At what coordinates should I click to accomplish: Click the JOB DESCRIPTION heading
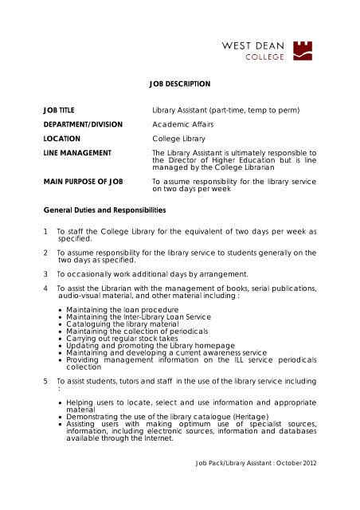[179, 84]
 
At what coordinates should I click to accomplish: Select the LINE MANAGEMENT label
[80, 152]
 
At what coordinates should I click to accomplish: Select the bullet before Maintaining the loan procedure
[61, 308]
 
